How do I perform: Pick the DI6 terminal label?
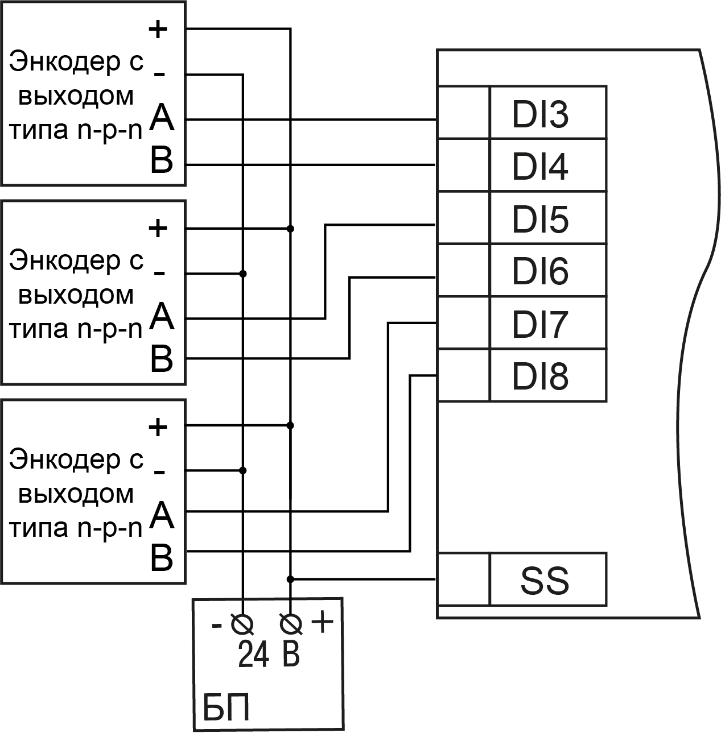(540, 271)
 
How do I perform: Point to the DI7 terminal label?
(540, 324)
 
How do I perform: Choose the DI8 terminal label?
(540, 376)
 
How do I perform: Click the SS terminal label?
(545, 581)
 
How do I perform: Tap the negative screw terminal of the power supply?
(242, 625)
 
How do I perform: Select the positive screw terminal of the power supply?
(291, 625)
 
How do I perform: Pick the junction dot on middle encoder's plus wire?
(291, 229)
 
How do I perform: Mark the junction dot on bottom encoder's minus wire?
(244, 470)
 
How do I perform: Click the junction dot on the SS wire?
(291, 579)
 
